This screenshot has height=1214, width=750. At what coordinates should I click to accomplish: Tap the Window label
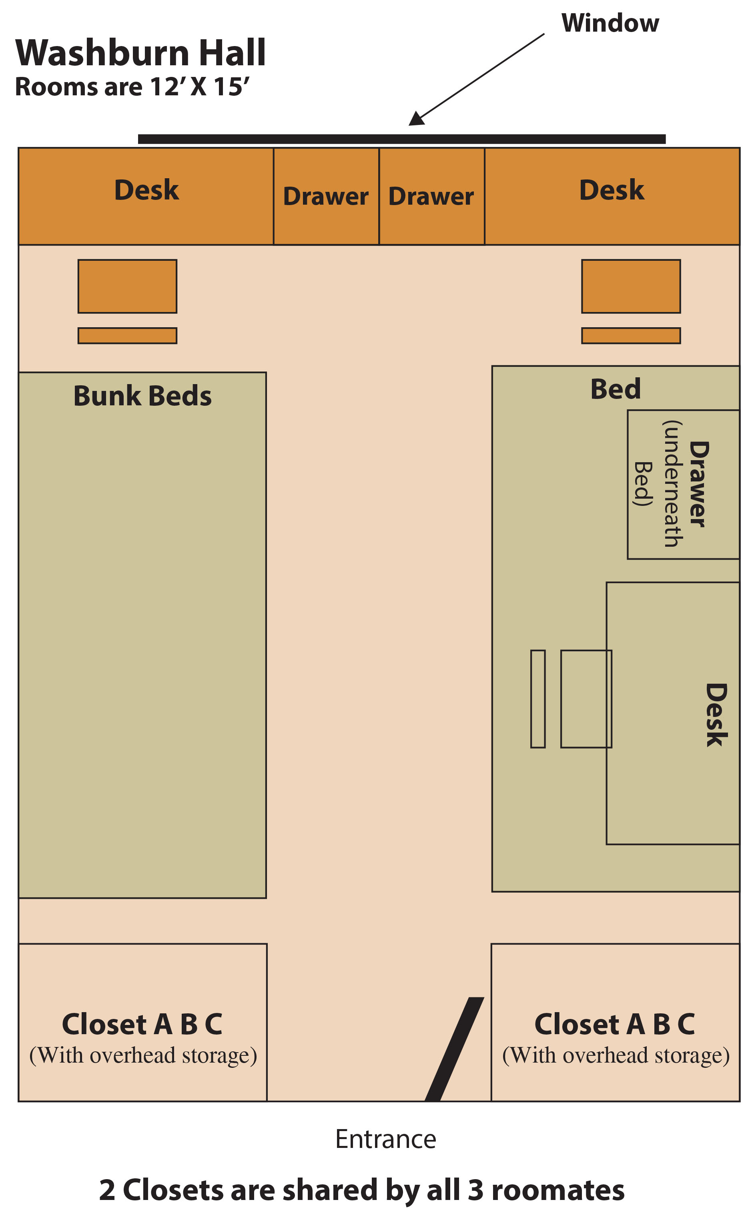click(x=610, y=23)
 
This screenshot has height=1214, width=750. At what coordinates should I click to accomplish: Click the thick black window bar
click(x=402, y=139)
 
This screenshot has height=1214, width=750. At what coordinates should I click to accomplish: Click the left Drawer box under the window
click(x=326, y=196)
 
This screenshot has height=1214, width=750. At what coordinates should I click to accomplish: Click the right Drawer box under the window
click(x=431, y=196)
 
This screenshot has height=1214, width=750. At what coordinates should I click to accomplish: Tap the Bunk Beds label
click(x=142, y=396)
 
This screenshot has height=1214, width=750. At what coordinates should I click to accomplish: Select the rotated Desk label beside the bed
click(x=716, y=715)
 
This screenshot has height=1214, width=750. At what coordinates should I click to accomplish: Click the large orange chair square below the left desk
click(x=128, y=286)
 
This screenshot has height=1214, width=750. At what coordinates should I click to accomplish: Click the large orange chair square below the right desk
click(x=631, y=286)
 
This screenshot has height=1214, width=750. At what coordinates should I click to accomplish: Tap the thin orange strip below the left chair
click(x=128, y=336)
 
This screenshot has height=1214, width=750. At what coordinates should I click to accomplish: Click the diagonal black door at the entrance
click(x=454, y=1049)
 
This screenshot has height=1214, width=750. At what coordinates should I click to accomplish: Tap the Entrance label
click(x=386, y=1139)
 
